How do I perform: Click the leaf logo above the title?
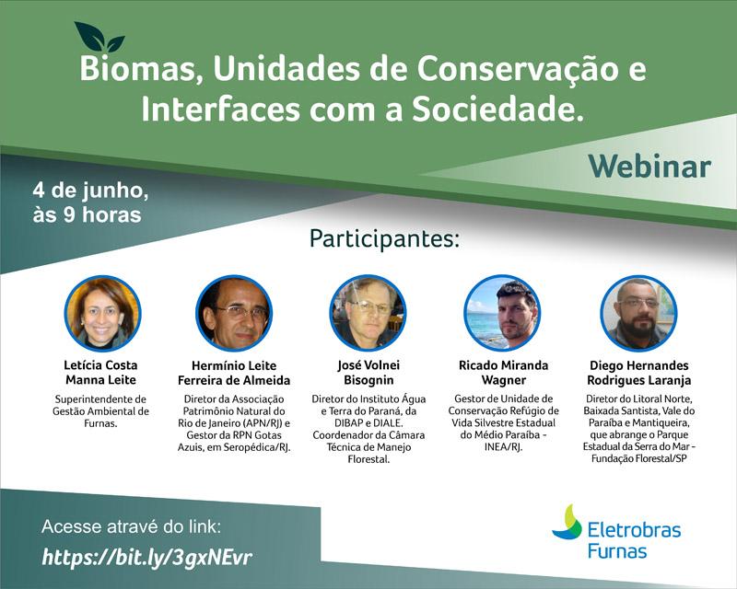pos(99,38)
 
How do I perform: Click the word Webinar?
pos(649,166)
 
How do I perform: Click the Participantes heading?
pos(383,238)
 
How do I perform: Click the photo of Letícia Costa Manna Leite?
pos(102,313)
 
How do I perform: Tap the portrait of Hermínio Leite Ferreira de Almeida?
pos(234,313)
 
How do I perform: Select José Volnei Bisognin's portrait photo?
pos(368,313)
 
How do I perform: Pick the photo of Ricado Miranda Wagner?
pos(502,313)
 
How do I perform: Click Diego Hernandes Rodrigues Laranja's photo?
pos(638,313)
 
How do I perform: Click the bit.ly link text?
pos(146,557)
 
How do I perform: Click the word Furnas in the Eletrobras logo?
pos(617,551)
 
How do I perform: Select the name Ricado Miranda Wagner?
pos(503,372)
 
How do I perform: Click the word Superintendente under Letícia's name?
pos(102,398)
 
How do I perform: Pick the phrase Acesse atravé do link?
pos(132,527)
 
